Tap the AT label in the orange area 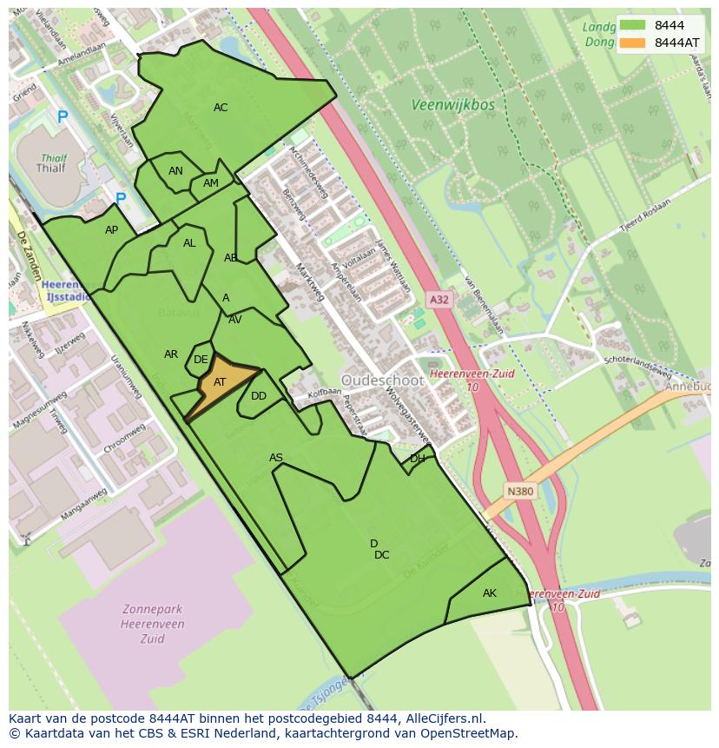(x=220, y=382)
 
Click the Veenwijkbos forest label (x=452, y=105)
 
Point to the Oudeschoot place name (x=382, y=381)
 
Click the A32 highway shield (x=439, y=300)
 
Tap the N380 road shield (x=520, y=492)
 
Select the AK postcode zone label (x=490, y=593)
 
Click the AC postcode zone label (x=221, y=108)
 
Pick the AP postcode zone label (x=111, y=230)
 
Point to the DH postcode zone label (x=418, y=459)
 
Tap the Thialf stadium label (x=53, y=169)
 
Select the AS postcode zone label (x=276, y=458)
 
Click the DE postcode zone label (x=201, y=360)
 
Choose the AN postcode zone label (x=175, y=171)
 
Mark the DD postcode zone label (x=259, y=396)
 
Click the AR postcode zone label (x=171, y=354)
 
